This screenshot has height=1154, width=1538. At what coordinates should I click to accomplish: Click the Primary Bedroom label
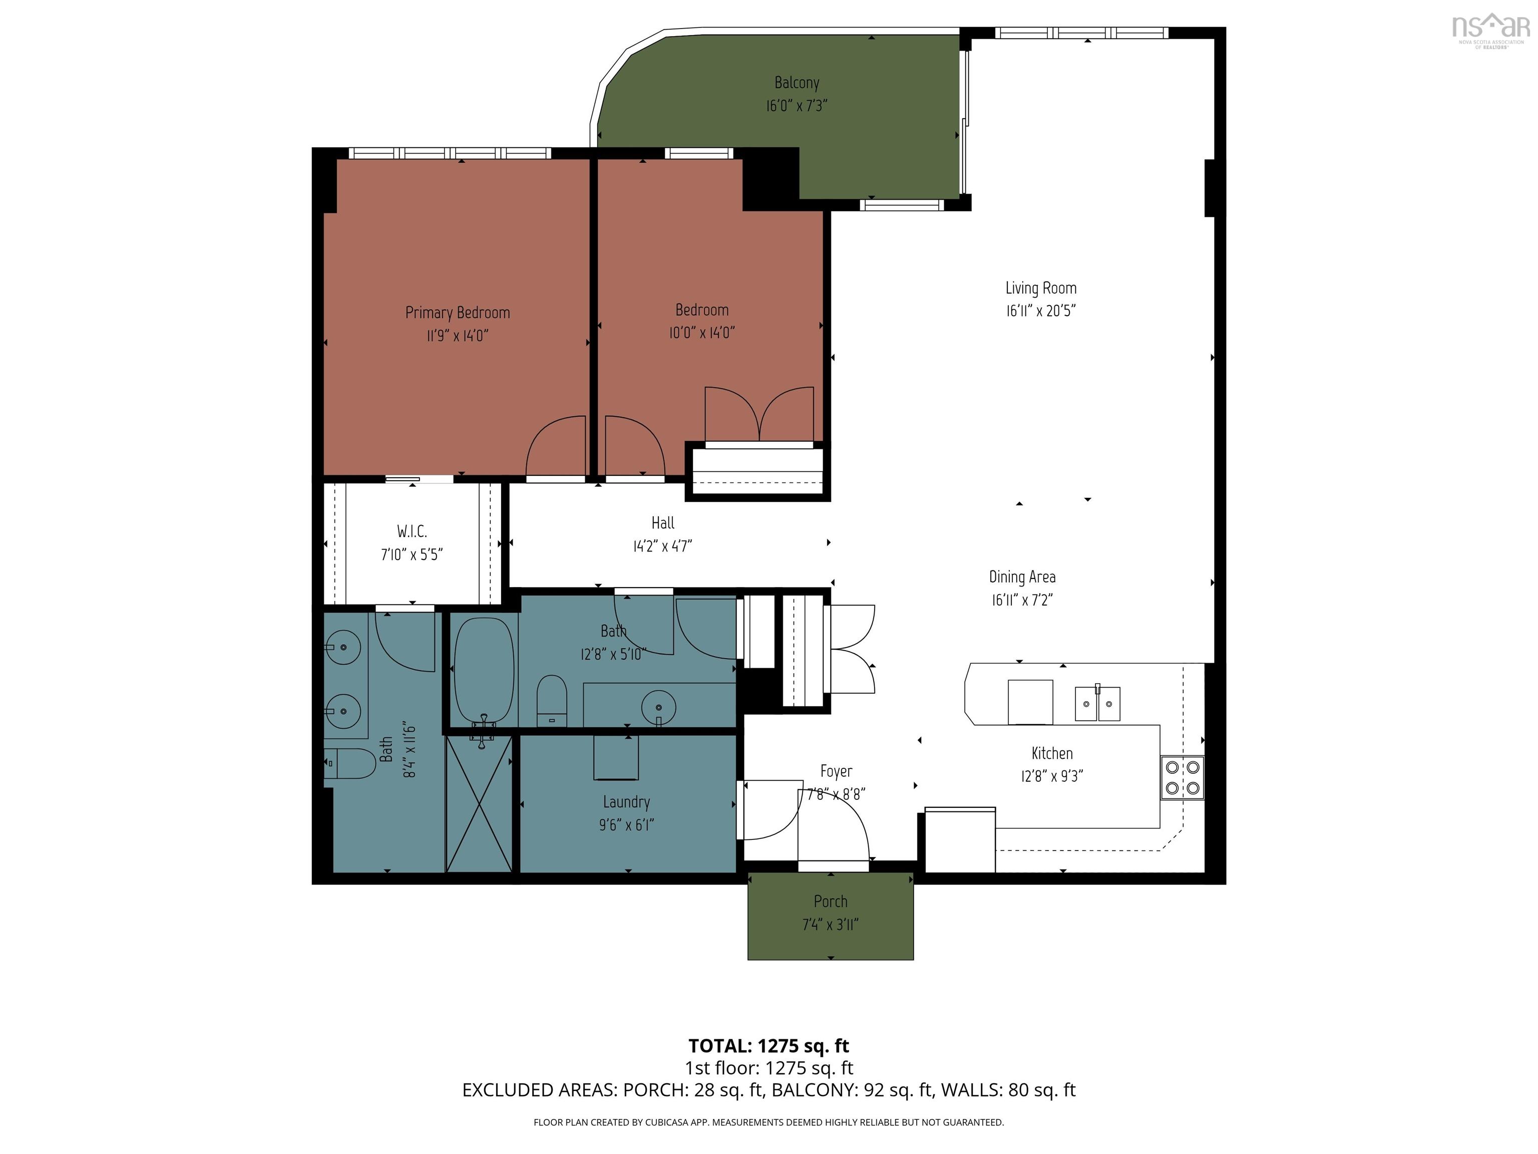point(458,313)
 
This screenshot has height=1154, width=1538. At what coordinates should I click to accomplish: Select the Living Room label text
point(1040,288)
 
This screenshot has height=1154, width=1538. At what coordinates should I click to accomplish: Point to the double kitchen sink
point(1097,703)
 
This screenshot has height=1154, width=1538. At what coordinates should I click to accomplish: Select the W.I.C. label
point(412,532)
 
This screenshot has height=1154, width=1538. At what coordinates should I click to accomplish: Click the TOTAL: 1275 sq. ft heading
point(768,1045)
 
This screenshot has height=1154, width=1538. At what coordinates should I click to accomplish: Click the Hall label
point(663,523)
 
